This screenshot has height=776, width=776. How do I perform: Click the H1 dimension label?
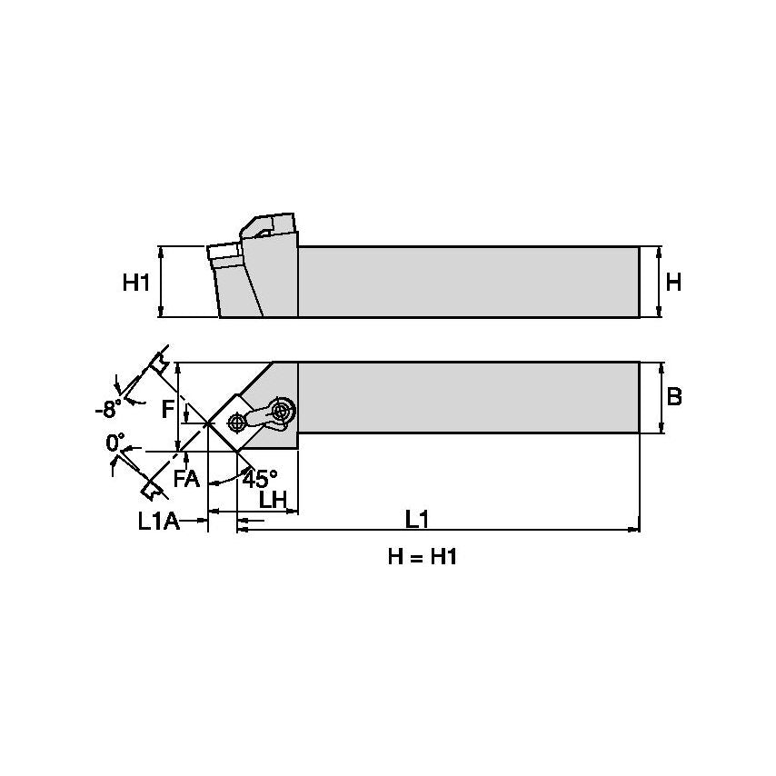click(x=135, y=283)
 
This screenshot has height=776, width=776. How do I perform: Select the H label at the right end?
click(x=672, y=283)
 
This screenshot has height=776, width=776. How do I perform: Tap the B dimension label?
click(x=674, y=397)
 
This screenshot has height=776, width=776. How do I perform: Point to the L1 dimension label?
click(x=417, y=519)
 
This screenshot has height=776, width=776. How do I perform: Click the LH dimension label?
click(x=273, y=499)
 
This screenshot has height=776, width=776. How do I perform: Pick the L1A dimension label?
click(x=160, y=521)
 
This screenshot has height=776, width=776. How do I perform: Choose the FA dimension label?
click(x=186, y=479)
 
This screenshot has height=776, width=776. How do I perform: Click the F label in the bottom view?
click(x=167, y=409)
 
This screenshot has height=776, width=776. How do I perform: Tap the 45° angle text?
click(x=259, y=478)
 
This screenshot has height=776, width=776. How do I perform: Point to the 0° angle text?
click(x=115, y=443)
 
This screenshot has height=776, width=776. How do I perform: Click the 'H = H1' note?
click(x=422, y=557)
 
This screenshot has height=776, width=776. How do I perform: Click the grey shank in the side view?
click(x=468, y=282)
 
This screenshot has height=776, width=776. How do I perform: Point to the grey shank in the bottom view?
click(x=468, y=397)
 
